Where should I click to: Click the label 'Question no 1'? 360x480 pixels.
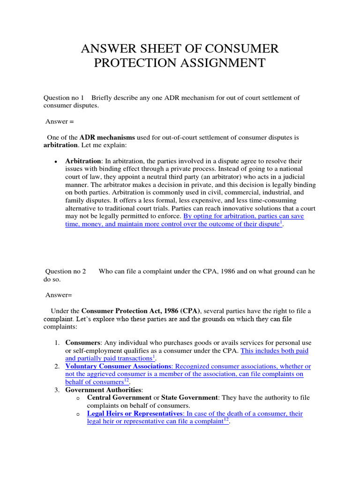pos(64,97)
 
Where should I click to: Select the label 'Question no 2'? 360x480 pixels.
pos(65,271)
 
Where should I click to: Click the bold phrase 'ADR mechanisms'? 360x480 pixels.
pos(107,137)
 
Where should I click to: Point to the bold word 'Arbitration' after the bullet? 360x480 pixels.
pos(83,161)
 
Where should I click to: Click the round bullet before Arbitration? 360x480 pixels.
pos(56,162)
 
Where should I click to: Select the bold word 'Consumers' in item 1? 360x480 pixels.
pos(82,343)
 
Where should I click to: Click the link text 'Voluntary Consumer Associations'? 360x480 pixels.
pos(118,366)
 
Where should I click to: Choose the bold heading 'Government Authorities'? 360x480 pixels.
pos(103,390)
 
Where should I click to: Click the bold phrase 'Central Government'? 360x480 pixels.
pos(119,397)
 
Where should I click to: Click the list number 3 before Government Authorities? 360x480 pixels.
pos(56,390)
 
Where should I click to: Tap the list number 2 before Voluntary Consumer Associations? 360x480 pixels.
pos(56,366)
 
